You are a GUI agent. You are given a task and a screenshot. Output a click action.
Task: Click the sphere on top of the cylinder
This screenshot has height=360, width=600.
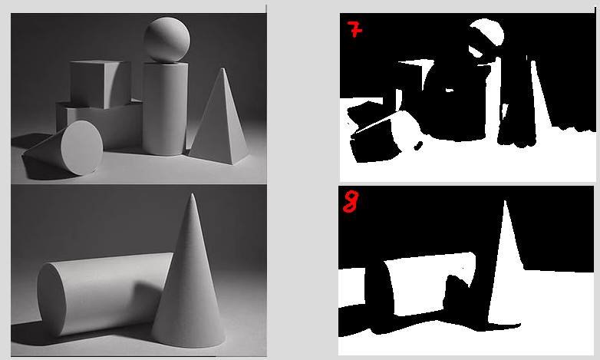tap(166, 39)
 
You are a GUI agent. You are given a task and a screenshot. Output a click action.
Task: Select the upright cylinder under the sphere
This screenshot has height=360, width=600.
tap(165, 109)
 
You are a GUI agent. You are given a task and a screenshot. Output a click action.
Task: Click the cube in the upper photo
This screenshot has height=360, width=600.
tap(101, 84)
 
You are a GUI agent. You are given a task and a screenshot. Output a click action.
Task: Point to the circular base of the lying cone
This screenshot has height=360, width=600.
tap(81, 147)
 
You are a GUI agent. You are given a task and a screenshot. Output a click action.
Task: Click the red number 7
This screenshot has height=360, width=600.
tap(355, 29)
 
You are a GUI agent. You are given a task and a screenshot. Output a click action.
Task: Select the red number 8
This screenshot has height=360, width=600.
tap(351, 202)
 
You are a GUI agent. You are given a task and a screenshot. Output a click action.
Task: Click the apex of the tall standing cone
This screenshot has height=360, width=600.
tap(192, 193)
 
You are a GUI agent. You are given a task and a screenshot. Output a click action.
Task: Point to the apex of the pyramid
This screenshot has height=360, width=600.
tap(223, 68)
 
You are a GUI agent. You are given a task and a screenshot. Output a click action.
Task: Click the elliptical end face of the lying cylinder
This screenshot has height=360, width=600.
tap(51, 299)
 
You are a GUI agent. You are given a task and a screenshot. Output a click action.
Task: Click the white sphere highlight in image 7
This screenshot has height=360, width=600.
tap(488, 31)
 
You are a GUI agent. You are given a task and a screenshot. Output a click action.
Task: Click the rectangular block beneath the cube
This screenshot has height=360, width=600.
tap(101, 124)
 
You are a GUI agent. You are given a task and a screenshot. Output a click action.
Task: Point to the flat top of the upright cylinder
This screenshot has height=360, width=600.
tap(166, 65)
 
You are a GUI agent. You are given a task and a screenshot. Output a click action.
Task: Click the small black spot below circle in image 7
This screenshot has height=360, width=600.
tap(419, 146)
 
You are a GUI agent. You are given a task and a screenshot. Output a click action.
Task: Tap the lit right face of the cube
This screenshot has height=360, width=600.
tap(117, 85)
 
